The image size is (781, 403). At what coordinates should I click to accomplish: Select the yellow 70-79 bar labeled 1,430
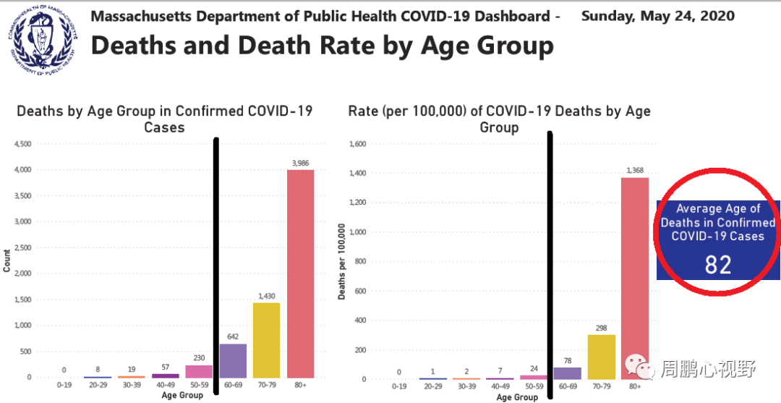[x=266, y=340]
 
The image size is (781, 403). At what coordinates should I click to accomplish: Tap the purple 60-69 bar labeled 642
[x=233, y=360]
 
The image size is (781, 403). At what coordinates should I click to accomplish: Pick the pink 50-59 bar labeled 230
[x=199, y=371]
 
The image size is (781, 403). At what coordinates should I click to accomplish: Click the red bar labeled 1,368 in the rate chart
[x=635, y=278]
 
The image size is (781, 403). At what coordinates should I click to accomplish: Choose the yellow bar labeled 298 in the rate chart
[x=601, y=357]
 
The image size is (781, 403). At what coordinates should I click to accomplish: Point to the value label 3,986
[x=300, y=163]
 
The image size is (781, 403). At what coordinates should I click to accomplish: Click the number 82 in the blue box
[x=718, y=265]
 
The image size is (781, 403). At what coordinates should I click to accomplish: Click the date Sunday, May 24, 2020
[x=657, y=16]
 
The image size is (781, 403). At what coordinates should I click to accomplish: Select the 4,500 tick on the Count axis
[x=22, y=144]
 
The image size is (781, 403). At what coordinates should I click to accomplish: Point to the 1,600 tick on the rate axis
[x=358, y=144]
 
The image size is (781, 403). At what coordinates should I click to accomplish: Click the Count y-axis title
[x=7, y=261]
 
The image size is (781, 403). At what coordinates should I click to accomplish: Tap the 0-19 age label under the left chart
[x=64, y=386]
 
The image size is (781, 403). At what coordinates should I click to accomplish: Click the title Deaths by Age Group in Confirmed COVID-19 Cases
[x=165, y=119]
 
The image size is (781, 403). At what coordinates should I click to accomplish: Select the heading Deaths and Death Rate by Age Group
[x=322, y=45]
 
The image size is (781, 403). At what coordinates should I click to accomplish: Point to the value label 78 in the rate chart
[x=568, y=361]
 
